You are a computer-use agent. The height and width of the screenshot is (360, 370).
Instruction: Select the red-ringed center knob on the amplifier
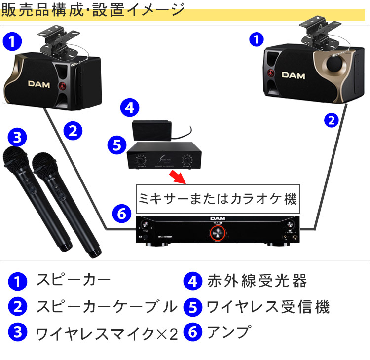[x=214, y=235]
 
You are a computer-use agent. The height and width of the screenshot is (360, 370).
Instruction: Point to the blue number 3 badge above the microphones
[x=18, y=138]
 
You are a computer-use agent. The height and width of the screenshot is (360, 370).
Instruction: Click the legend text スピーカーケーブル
[x=106, y=307]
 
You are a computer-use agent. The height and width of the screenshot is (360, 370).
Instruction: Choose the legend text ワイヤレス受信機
[x=267, y=307]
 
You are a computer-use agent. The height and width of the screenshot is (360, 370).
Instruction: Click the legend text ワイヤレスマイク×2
[x=106, y=333]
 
